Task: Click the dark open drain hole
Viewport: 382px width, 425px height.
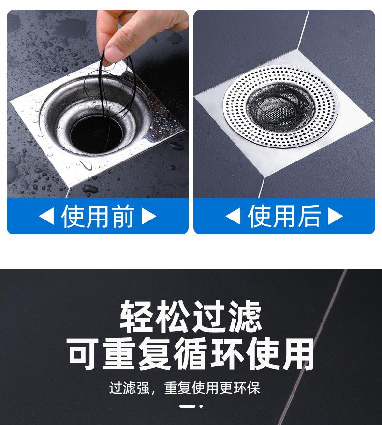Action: coord(96,134)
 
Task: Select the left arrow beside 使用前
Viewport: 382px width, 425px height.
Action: coord(46,216)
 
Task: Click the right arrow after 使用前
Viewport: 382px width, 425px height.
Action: coord(149,216)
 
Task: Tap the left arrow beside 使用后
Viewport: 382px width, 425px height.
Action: coord(233,216)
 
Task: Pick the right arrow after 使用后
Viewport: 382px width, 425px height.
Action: coord(336,216)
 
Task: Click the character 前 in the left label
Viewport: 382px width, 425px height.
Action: coord(123,216)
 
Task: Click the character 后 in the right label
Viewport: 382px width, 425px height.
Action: coord(309,216)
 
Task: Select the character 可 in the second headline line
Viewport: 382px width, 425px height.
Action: coord(83,354)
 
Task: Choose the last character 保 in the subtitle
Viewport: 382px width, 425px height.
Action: coord(253,388)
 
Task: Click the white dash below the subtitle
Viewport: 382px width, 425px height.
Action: coord(187,406)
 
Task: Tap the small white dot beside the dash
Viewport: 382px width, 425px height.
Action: coord(201,406)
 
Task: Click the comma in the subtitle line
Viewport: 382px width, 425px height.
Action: coord(153,391)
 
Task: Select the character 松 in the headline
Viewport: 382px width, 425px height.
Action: coord(173,316)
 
